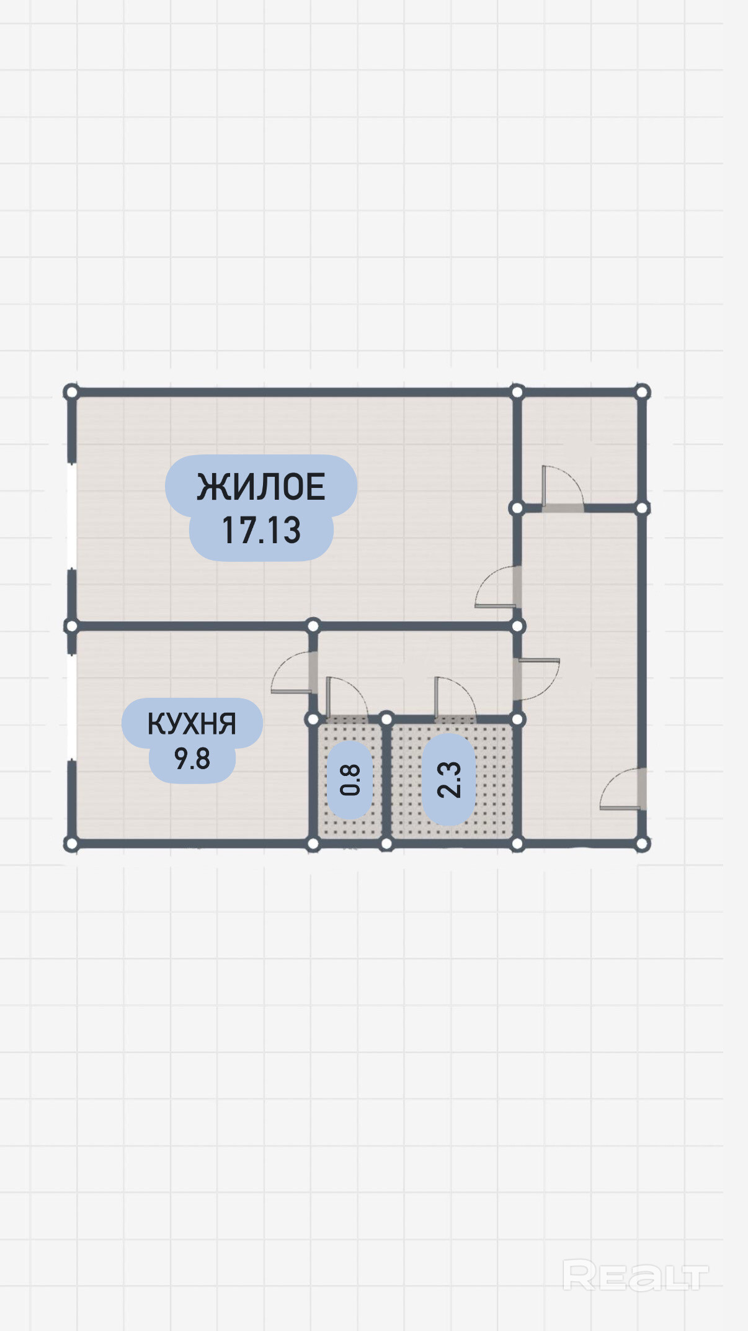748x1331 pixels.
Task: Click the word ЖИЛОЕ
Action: (261, 487)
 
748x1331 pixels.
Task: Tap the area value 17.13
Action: (261, 531)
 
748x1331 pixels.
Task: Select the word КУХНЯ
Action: (192, 724)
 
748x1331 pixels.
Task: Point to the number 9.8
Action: (192, 759)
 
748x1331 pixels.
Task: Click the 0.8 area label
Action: (350, 780)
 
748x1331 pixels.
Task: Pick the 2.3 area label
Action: (449, 780)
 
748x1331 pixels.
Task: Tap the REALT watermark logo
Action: (635, 1276)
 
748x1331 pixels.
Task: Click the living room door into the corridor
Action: (496, 587)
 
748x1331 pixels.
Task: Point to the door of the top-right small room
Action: (562, 487)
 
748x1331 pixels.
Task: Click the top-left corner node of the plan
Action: (71, 392)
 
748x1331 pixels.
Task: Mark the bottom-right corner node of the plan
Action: (642, 844)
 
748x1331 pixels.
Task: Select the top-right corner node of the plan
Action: (642, 392)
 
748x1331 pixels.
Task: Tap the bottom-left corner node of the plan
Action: (71, 844)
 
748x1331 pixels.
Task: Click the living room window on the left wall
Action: (72, 515)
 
